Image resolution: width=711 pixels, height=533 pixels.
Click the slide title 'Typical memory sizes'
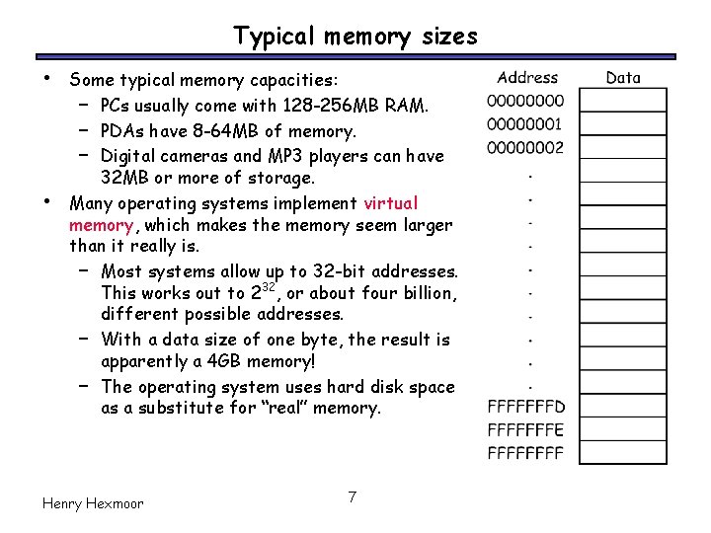point(355,37)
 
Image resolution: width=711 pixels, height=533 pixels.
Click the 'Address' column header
point(527,77)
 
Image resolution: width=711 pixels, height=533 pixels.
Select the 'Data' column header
point(623,77)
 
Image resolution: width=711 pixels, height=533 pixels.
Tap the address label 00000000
point(526,101)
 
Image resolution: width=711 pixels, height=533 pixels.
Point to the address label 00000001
point(526,124)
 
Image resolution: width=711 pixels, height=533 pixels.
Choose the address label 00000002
point(526,148)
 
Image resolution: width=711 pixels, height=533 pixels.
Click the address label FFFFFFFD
point(526,407)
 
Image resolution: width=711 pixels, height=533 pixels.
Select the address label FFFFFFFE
point(526,430)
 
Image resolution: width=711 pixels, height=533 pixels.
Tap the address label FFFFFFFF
point(526,454)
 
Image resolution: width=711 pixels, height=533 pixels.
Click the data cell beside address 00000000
point(623,101)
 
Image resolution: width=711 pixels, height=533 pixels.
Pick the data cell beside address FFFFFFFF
point(623,454)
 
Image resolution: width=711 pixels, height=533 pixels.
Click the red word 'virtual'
point(391,203)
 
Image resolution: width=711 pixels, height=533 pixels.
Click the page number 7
point(352,496)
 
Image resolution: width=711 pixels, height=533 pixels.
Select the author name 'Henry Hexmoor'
point(93,503)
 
